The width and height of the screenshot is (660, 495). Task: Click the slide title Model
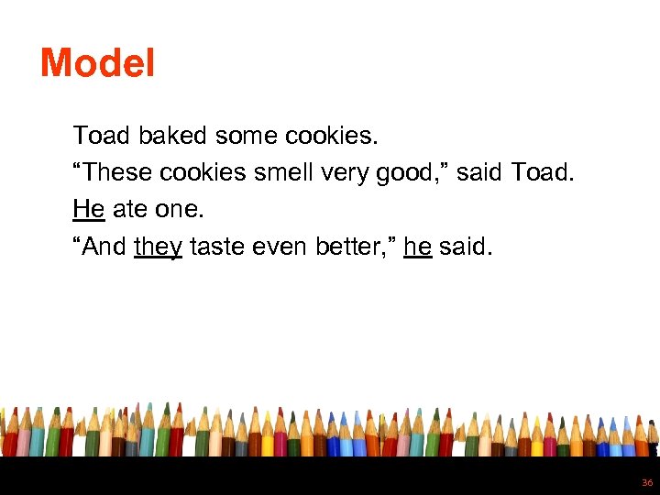97,62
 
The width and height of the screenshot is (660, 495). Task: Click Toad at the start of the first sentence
103,136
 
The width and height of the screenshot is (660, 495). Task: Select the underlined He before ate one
88,209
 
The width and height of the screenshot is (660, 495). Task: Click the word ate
129,209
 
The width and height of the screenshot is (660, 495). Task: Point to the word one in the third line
178,209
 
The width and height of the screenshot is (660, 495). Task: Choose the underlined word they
158,247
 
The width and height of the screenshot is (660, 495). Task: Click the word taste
220,246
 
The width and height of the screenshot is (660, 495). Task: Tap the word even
286,246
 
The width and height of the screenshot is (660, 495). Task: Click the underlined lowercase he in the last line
417,246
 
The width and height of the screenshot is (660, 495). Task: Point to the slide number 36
647,482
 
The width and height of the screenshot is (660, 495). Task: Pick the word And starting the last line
103,246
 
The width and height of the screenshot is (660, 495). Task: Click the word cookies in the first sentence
328,136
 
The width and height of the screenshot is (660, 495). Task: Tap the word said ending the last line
464,246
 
